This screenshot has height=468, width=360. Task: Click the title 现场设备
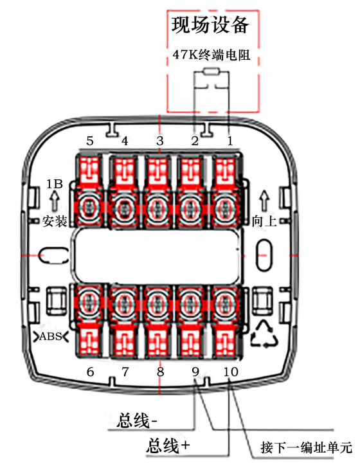[210, 25]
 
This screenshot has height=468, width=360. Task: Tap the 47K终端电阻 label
[212, 55]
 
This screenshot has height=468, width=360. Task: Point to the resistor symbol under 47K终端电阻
[212, 71]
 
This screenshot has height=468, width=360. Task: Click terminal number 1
[230, 141]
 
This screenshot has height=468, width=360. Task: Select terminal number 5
[90, 141]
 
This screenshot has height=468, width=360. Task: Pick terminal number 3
[160, 141]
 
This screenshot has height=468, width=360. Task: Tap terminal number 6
[90, 372]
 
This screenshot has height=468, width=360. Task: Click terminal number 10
[231, 372]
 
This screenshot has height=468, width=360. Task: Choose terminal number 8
[160, 372]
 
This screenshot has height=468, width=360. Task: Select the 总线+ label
[168, 446]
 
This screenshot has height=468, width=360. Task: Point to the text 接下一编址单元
[306, 447]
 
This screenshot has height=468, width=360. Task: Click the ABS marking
[51, 337]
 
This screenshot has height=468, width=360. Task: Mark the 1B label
[55, 184]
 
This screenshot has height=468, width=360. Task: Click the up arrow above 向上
[264, 201]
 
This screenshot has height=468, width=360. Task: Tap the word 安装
[55, 221]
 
